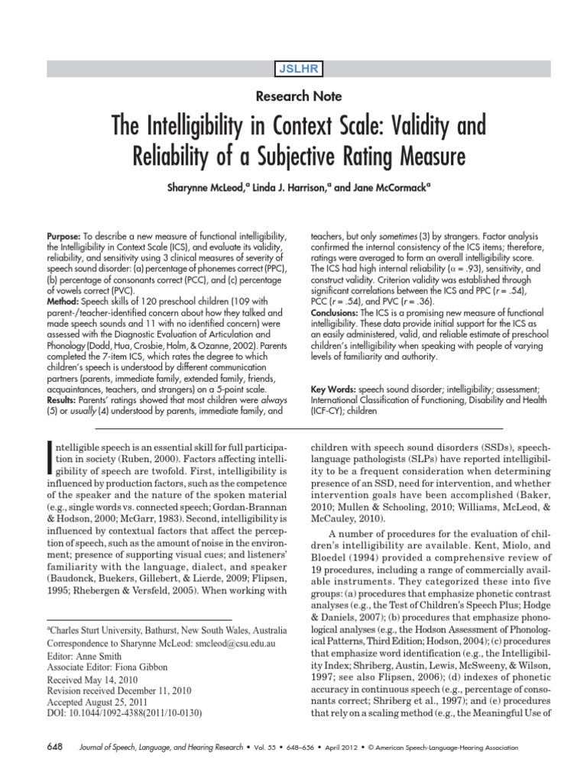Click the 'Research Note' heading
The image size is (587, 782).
coord(293,96)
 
